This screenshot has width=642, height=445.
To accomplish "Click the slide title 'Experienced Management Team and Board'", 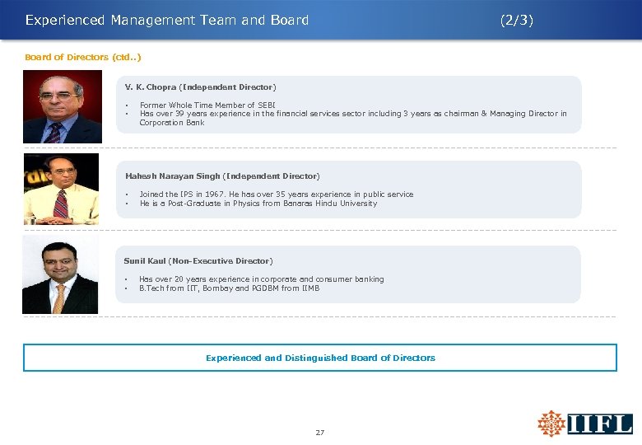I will [167, 21].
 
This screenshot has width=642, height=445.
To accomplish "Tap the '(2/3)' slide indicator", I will [517, 21].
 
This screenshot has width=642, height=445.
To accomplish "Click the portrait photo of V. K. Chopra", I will [62, 107].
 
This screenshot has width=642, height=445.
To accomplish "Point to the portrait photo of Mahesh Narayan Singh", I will [61, 190].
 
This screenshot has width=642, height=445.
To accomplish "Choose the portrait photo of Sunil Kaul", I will [60, 274].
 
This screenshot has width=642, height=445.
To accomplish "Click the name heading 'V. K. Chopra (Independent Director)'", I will [200, 87].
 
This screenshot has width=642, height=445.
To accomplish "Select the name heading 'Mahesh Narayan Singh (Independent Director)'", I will [222, 176].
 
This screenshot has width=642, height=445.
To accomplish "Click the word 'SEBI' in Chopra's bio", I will [269, 105].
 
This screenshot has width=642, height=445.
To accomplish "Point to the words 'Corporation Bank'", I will [172, 123].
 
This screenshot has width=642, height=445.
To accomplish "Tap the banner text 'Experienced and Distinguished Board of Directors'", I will [320, 358].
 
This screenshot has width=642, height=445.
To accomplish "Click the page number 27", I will [320, 432].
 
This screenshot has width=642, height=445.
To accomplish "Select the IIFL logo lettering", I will [600, 424].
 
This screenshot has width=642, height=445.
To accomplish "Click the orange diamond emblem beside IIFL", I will [551, 424].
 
